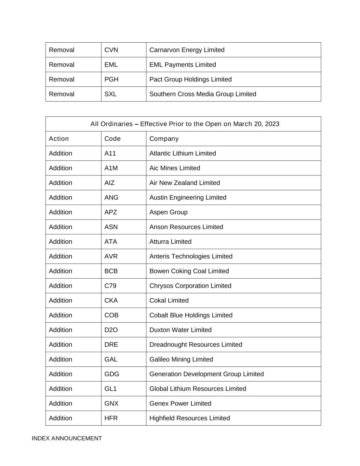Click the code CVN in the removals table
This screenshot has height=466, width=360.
coord(111,50)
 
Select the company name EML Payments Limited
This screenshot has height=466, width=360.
coord(183,65)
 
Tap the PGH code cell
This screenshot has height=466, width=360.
coord(111,79)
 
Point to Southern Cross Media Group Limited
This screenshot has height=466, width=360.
coord(203,94)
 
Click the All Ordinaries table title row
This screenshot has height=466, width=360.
coord(185,124)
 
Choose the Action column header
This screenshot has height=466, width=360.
coord(59,139)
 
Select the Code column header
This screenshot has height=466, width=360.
coord(113,139)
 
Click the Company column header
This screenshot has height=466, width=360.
coord(164,139)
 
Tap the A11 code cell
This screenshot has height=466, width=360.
coord(110,153)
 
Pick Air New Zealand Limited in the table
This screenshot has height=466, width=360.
coord(185,183)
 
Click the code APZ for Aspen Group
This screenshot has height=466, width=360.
coord(111,212)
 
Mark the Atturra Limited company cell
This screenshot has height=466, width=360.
coord(170,241)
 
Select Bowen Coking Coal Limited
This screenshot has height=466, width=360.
coord(189,271)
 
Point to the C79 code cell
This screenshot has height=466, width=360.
coord(110,285)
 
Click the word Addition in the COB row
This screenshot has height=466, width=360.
coord(60,315)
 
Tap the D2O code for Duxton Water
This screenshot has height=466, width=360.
coord(111,330)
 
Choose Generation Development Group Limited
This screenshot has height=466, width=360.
coord(206,374)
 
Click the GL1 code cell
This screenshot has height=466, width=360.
coord(110,389)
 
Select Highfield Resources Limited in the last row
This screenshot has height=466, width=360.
coord(190,418)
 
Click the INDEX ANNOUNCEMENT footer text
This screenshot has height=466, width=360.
coord(67,438)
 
